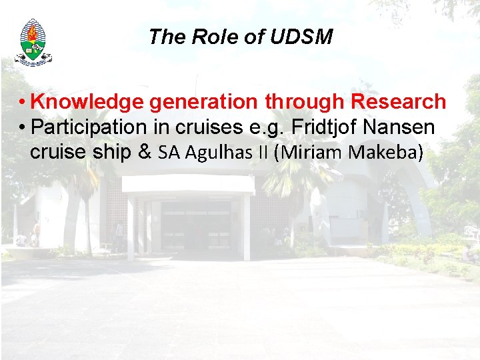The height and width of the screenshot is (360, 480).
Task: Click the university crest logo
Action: (x=33, y=42)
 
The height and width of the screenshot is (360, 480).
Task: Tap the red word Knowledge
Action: (x=87, y=102)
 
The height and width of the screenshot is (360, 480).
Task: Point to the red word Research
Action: (x=398, y=102)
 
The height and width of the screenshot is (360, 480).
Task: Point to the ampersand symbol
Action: (x=144, y=152)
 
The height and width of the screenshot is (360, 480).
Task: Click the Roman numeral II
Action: (x=263, y=153)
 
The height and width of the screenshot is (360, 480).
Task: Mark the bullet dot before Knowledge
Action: (x=22, y=103)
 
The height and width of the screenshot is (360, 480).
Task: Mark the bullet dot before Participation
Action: (x=22, y=127)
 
